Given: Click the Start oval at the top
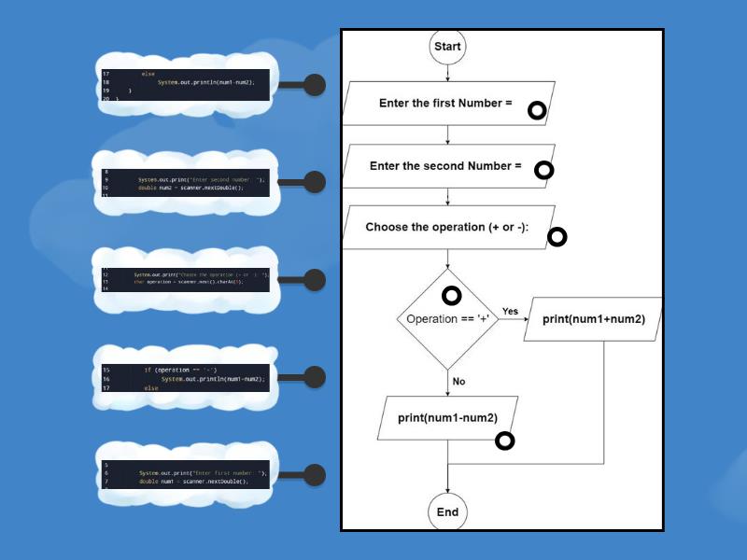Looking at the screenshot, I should pos(447,47).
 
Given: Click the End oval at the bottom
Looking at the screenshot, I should pos(447,511).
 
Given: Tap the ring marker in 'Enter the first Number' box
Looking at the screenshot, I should pos(537,111).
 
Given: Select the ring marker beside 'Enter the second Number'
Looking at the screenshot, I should pos(543,170).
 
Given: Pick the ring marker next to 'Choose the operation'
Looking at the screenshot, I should pos(557,236).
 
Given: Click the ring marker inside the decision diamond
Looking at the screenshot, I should pos(451,296).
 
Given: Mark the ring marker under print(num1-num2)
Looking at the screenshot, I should pos(504,441).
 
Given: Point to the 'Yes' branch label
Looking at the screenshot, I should pos(510,311).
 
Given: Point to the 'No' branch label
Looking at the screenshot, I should pos(458,381).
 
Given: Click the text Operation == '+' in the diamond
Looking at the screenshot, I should pos(447,319).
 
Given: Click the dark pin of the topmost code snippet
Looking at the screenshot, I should pos(315,85).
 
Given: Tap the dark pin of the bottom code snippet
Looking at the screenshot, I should pos(315,474).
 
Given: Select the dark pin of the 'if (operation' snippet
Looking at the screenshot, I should pos(315,377).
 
